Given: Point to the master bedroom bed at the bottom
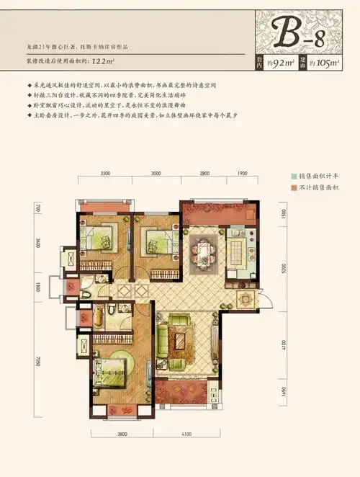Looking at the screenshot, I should pyautogui.click(x=112, y=371).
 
